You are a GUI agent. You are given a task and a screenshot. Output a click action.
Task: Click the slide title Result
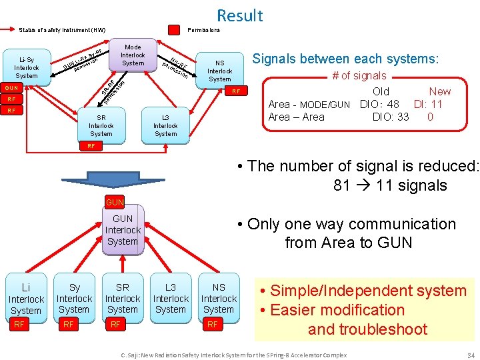coord(239,15)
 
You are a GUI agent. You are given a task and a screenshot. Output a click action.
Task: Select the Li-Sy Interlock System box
coord(27,67)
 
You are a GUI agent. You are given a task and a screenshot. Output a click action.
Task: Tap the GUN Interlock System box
coord(123,230)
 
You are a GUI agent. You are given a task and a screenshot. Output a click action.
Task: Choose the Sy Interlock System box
coord(74,298)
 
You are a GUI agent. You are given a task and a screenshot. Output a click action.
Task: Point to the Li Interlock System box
coord(26,299)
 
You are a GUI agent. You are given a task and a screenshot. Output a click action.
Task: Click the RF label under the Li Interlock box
coord(19,325)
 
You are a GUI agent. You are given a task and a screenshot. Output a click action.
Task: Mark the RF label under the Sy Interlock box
coord(68,325)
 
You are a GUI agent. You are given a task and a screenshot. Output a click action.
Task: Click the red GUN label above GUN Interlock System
coord(115,202)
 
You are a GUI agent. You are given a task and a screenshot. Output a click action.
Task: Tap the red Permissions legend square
coord(173,30)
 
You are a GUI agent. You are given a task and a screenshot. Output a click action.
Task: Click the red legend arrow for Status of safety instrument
coord(9,30)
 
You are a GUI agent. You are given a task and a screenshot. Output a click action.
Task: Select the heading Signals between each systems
coord(345,59)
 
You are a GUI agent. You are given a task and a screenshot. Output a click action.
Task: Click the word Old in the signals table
coord(381,91)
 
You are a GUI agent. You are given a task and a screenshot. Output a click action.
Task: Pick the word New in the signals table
coord(439,91)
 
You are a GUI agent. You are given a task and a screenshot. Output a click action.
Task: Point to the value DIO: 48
coord(379,104)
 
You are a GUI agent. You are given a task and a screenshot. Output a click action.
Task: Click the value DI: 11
coord(428,104)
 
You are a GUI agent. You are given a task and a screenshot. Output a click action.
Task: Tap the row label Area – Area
coord(296,117)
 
